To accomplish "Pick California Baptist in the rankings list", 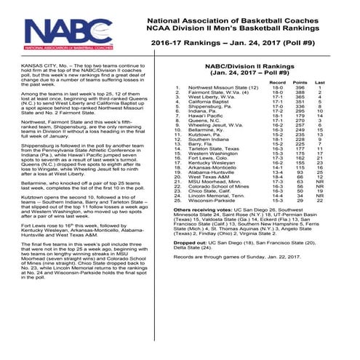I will click(x=212, y=103).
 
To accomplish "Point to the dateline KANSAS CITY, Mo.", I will click(x=35, y=64).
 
